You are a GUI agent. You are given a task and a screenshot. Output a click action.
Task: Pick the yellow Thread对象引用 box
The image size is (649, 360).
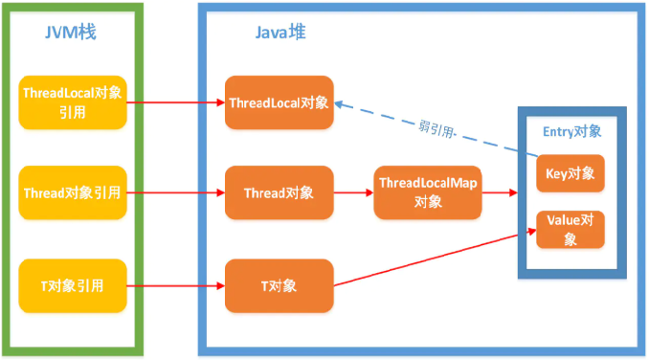click(x=73, y=192)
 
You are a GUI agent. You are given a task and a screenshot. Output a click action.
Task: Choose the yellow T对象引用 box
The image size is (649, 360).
click(x=73, y=285)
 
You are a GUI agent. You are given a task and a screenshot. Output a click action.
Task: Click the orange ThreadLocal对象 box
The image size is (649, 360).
click(x=279, y=101)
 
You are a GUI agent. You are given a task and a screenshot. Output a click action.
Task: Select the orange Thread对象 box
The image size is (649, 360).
click(x=279, y=192)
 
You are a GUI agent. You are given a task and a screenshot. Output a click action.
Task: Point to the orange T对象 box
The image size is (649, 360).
click(x=279, y=285)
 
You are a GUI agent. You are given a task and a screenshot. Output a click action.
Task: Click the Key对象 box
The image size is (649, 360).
click(x=571, y=173)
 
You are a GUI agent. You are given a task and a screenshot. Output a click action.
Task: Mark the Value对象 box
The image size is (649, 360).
click(x=571, y=229)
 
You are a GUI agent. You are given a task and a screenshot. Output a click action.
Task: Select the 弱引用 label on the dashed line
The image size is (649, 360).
click(x=437, y=126)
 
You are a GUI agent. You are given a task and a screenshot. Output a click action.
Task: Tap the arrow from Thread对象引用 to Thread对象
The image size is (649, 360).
click(x=176, y=192)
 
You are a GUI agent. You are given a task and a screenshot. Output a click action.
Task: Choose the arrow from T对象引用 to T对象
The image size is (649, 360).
click(x=176, y=285)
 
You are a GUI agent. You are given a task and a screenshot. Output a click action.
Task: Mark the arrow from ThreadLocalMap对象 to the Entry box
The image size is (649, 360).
click(x=498, y=192)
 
